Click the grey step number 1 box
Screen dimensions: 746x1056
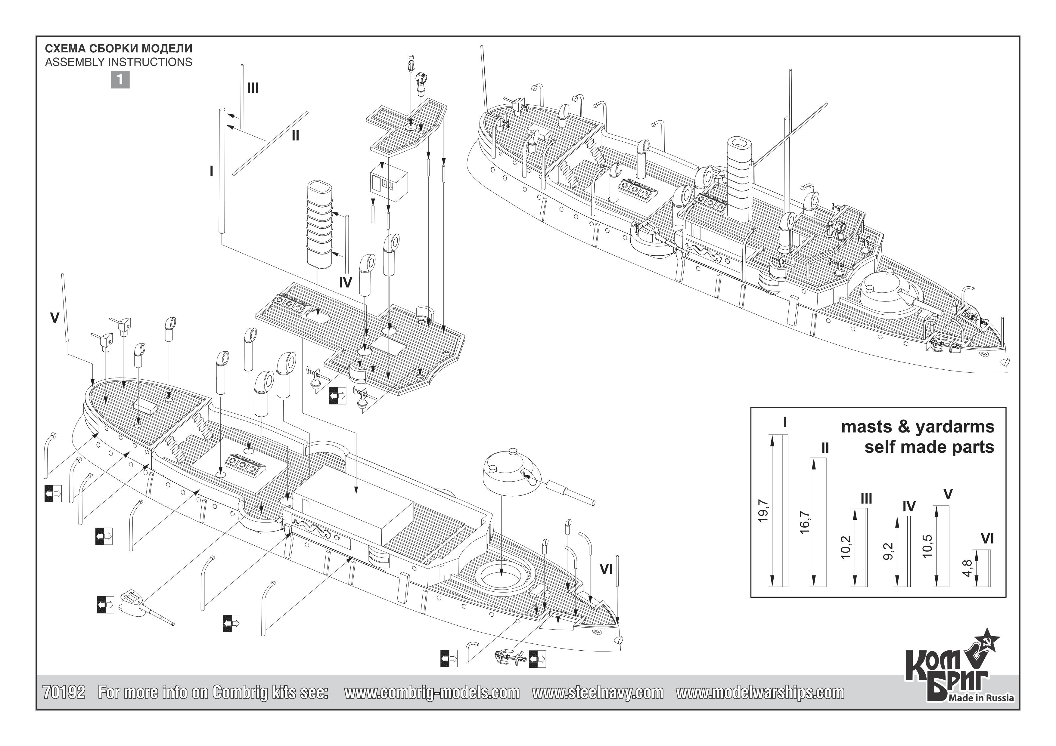[x=120, y=80]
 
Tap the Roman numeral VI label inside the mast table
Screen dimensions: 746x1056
[x=987, y=539]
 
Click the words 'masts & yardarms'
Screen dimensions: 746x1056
[x=918, y=427]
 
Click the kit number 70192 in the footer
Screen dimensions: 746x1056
[x=64, y=692]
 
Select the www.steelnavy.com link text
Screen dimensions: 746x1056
[x=598, y=692]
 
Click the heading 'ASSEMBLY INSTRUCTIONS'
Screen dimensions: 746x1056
[x=119, y=62]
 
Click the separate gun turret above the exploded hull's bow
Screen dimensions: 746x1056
[x=511, y=473]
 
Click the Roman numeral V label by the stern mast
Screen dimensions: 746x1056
[x=55, y=318]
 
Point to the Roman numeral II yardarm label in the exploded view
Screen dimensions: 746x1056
[x=295, y=136]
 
